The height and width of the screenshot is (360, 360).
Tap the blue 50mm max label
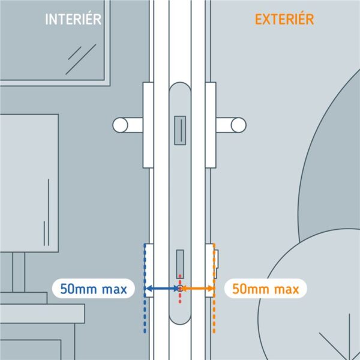pos(94,289)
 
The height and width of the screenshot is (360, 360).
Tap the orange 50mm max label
pos(265,289)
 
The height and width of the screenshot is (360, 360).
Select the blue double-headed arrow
pos(162,289)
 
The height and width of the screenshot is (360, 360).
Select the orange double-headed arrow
pos(197,289)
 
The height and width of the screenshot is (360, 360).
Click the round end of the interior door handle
pos(120,125)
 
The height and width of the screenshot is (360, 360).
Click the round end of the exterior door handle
pos(239,125)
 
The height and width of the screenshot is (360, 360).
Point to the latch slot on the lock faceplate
pos(180,130)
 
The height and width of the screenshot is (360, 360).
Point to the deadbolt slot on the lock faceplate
pos(180,264)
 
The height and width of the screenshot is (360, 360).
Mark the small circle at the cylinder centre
pos(180,289)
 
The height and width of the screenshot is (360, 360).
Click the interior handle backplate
pos(148,125)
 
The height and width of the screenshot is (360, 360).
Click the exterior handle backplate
pos(211,125)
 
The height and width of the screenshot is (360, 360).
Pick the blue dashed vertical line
pos(145,289)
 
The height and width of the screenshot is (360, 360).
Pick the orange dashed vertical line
pos(214,289)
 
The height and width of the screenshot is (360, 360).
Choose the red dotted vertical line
pos(180,289)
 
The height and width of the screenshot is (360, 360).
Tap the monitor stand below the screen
pos(19,272)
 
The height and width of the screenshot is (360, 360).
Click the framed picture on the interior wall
pos(55,43)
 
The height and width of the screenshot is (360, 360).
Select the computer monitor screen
pos(29,183)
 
